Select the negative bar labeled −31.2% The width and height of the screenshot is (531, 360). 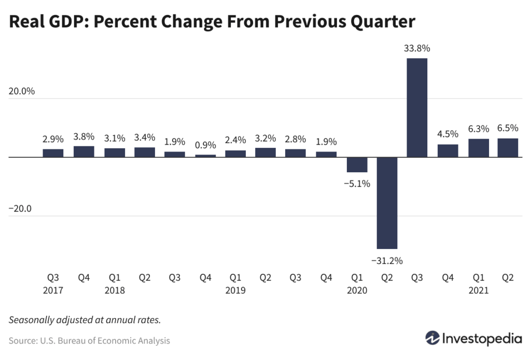point(387,203)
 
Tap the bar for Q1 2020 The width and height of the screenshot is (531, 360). point(357,164)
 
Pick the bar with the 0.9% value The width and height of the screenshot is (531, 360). point(205,156)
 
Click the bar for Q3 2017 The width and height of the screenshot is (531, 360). point(53,153)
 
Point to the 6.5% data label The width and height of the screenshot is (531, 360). point(508,128)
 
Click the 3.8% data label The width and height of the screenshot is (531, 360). point(83,136)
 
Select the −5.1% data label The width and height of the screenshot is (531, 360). point(357,183)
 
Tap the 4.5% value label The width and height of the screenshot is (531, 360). point(448,134)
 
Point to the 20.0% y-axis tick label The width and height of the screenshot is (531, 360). point(22,91)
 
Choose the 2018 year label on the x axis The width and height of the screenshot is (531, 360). point(114,290)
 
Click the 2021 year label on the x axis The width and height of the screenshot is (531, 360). point(478,290)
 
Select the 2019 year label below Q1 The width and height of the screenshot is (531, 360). point(235,290)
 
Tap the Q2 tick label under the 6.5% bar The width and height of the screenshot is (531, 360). point(508,278)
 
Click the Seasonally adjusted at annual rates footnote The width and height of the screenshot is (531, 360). point(85,320)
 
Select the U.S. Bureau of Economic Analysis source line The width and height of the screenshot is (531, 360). point(89,341)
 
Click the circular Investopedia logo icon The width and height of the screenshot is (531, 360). point(432,338)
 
